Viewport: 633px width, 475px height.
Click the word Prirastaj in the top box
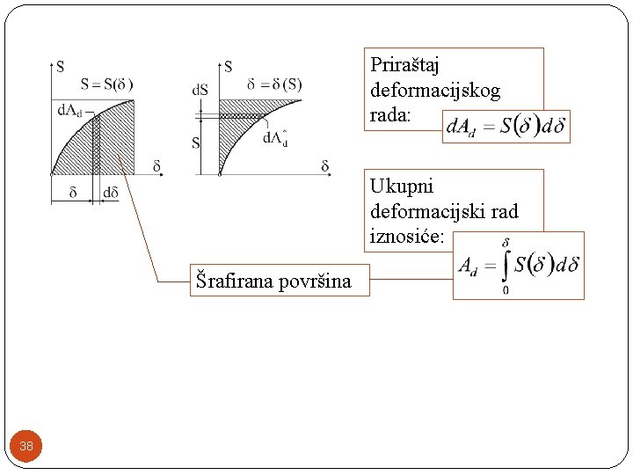[404, 65]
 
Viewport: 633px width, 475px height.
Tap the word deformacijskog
[435, 91]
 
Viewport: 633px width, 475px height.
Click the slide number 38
[26, 446]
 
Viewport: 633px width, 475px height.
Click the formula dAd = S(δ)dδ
[506, 126]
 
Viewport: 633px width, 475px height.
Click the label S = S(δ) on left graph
[106, 84]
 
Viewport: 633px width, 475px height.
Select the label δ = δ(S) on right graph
[274, 84]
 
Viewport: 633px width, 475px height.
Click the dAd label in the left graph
[69, 110]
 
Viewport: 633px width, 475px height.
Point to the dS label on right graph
[200, 90]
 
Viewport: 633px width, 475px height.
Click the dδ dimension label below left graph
[111, 193]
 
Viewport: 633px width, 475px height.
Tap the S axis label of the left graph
[60, 66]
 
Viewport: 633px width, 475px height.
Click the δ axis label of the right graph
[324, 166]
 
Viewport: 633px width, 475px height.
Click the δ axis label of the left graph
[156, 165]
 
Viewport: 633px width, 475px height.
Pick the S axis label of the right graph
[228, 66]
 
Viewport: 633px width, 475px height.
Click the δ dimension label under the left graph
[72, 193]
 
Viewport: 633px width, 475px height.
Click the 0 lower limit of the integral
[505, 290]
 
